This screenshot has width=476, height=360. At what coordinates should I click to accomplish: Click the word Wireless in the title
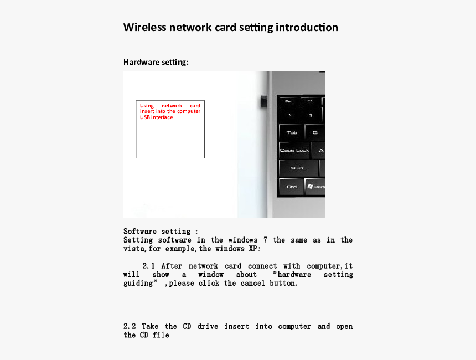145,27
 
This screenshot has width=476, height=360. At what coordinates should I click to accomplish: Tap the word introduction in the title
307,27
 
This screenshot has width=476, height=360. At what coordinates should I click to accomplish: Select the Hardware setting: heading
156,62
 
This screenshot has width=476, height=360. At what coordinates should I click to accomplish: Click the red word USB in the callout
145,117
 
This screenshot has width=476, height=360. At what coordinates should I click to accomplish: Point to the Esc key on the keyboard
289,101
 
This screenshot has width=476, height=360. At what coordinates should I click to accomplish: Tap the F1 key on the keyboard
310,101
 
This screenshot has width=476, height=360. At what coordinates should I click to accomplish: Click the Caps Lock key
294,151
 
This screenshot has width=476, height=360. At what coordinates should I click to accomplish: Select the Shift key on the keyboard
298,168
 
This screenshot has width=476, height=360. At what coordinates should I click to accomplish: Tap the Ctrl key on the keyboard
292,187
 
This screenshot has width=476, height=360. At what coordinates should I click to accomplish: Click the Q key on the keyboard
315,133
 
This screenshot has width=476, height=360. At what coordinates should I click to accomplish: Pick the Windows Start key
315,187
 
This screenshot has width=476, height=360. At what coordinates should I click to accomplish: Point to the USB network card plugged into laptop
264,102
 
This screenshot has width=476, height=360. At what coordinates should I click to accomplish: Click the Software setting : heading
161,232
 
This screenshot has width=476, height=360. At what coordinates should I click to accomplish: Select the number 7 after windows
265,240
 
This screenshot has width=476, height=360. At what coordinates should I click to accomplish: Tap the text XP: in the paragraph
255,249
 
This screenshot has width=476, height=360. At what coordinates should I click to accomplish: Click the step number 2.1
149,266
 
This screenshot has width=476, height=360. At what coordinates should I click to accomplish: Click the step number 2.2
130,327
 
